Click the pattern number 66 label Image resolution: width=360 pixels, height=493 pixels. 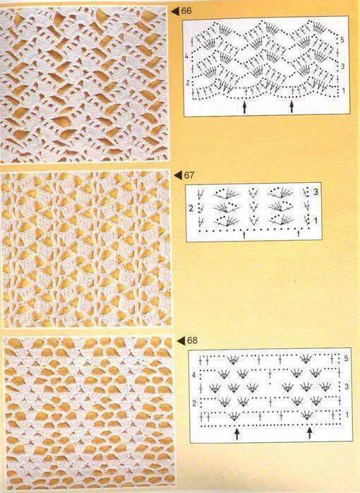(x=186, y=11)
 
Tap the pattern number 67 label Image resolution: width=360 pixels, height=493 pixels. (x=188, y=175)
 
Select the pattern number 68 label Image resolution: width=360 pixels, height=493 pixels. (x=192, y=340)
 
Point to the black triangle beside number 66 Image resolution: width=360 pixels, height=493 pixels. (x=175, y=11)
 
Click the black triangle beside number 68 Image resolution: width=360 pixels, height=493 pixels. (x=181, y=341)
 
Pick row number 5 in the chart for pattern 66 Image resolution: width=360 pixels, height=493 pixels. (x=342, y=40)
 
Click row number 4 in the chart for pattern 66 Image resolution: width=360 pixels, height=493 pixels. (x=186, y=57)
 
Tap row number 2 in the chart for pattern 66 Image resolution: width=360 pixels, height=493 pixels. (x=187, y=83)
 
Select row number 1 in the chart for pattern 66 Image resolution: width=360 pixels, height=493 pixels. (x=343, y=91)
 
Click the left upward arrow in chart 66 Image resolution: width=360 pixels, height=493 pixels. (x=244, y=107)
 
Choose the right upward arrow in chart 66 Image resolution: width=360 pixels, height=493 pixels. (x=292, y=107)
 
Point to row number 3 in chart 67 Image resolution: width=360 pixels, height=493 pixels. (x=316, y=192)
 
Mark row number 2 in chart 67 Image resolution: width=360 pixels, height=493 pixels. (x=191, y=208)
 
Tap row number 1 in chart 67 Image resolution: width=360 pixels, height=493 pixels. (x=316, y=221)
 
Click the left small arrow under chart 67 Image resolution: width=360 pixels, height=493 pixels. (x=244, y=234)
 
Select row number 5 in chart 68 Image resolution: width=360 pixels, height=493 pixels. (x=346, y=359)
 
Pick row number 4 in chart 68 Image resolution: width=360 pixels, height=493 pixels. (x=193, y=375)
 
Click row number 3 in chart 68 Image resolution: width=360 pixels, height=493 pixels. (x=347, y=386)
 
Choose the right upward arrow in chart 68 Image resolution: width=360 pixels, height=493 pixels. (x=309, y=433)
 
